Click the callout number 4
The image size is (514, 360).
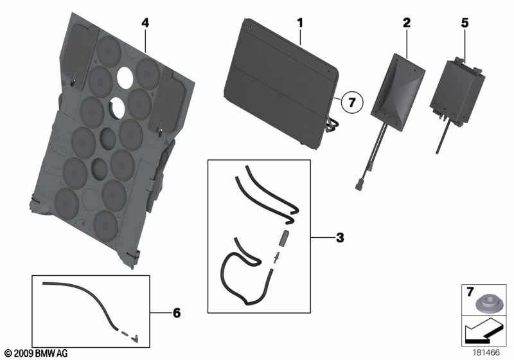tap(145, 22)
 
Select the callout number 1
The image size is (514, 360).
tap(300, 22)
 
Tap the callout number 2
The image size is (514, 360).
tap(407, 22)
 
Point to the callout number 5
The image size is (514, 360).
tap(465, 22)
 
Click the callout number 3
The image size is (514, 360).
tap(340, 237)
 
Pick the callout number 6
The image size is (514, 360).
tap(177, 313)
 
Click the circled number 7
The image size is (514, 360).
tap(351, 102)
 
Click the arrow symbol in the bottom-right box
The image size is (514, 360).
tap(484, 332)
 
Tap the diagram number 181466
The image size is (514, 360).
tap(486, 352)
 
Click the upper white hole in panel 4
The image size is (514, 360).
tap(125, 77)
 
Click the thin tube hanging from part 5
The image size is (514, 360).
tap(443, 136)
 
